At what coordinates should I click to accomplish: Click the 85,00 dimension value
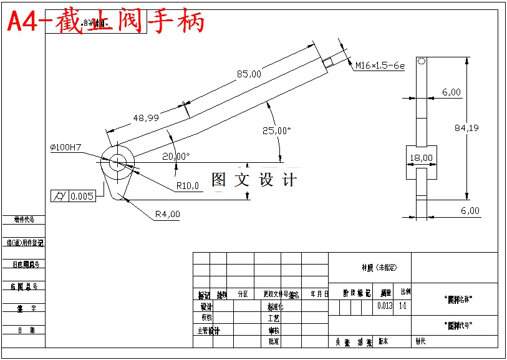(249, 74)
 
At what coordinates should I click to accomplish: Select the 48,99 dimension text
(145, 117)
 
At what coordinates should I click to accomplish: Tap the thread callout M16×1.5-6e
(380, 66)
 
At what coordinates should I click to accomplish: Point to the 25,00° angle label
(276, 130)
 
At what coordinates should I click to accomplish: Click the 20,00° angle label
(176, 156)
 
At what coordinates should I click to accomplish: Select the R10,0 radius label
(188, 185)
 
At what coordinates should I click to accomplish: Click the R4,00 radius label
(167, 214)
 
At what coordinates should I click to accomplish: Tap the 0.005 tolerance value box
(82, 197)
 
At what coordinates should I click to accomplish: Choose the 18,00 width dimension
(422, 158)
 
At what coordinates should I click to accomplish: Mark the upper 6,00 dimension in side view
(451, 92)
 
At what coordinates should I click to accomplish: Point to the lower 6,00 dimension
(470, 210)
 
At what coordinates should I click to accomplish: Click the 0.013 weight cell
(385, 306)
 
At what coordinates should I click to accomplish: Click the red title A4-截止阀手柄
(106, 22)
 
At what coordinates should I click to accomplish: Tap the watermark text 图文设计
(254, 180)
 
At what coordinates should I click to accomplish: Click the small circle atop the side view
(422, 61)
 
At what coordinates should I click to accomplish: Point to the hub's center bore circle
(118, 162)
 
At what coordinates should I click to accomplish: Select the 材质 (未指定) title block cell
(379, 268)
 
